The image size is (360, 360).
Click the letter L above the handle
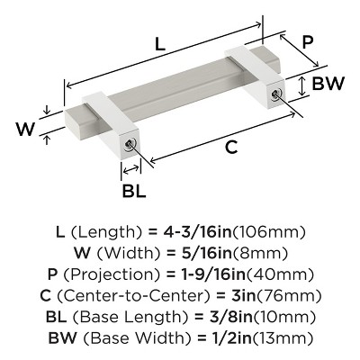click(158, 42)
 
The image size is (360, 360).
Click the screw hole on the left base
click(131, 144)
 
